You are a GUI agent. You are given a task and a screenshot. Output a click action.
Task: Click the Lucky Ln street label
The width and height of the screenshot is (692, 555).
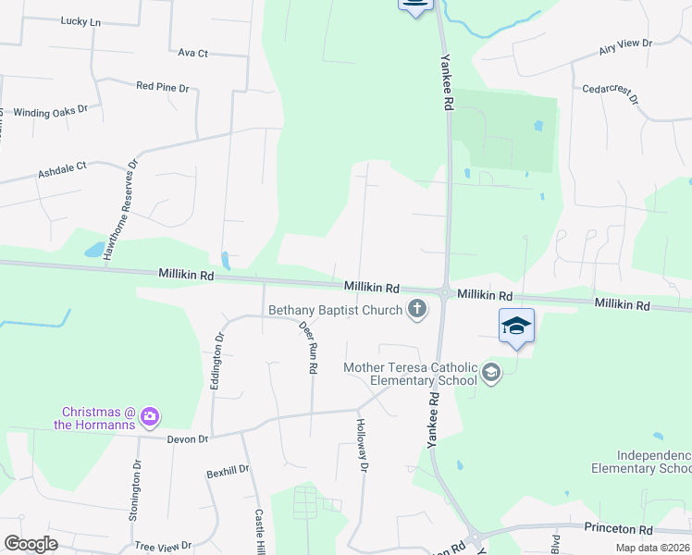point(80,20)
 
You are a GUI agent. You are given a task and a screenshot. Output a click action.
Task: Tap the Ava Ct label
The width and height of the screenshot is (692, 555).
point(194,53)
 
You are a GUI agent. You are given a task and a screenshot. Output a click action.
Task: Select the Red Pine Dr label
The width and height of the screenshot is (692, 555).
point(162,87)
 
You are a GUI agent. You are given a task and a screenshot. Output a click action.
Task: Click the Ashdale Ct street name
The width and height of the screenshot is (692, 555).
point(62,168)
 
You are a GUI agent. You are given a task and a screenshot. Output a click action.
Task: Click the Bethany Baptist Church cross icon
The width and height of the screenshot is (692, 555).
point(417,309)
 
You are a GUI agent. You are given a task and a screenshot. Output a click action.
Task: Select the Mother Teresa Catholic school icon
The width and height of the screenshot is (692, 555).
point(490,373)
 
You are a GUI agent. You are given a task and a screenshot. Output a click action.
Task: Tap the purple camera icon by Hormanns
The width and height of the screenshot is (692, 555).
point(150,418)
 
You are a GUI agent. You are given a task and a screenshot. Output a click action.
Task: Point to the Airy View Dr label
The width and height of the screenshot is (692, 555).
point(625,44)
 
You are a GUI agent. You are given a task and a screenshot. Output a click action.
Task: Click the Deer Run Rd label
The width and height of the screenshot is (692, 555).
point(308,347)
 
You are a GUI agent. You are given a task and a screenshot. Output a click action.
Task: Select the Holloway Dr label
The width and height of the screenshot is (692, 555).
point(363,447)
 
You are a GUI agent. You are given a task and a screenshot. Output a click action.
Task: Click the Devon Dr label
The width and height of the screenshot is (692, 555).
point(189,438)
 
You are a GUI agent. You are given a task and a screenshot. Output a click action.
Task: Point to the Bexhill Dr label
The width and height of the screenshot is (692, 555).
point(228,471)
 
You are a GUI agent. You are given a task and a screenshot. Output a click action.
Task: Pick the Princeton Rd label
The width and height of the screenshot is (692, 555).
point(618,529)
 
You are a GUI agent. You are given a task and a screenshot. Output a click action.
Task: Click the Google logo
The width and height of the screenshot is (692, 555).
point(31,544)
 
